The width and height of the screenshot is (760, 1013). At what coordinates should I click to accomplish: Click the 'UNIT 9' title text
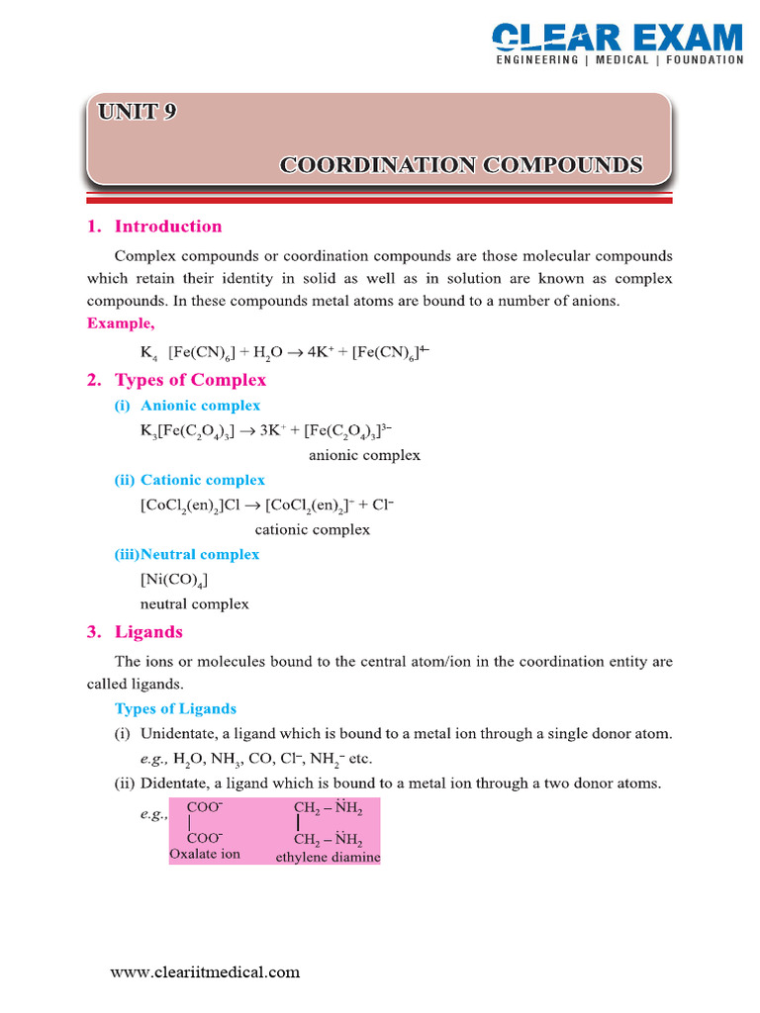[138, 112]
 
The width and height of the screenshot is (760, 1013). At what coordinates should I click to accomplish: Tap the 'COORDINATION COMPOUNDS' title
[461, 164]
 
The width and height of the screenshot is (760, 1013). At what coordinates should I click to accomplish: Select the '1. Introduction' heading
[154, 227]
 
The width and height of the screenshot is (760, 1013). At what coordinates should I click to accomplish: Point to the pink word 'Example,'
[120, 322]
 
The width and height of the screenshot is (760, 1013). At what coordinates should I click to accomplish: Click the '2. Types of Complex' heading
[176, 380]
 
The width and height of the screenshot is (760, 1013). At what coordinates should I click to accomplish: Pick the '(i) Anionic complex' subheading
[187, 406]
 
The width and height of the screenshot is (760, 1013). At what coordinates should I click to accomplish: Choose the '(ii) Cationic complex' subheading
[189, 480]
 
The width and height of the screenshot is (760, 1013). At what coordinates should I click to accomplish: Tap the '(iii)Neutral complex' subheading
[187, 554]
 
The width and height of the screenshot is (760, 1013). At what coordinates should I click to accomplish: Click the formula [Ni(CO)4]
[174, 580]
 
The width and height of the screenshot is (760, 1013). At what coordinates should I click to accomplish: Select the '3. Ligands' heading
[135, 631]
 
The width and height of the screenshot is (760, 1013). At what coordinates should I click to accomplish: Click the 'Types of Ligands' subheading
[175, 708]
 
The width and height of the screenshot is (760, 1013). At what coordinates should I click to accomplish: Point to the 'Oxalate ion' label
[205, 853]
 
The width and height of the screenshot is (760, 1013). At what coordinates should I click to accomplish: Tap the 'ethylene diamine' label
[328, 858]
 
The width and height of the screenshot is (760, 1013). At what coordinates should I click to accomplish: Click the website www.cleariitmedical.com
[205, 971]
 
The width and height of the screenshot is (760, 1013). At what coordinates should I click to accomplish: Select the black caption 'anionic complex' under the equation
[364, 455]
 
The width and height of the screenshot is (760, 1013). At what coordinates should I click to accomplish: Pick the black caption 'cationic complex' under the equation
[313, 529]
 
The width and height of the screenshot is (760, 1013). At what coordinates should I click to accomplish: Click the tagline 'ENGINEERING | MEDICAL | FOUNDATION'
[619, 60]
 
